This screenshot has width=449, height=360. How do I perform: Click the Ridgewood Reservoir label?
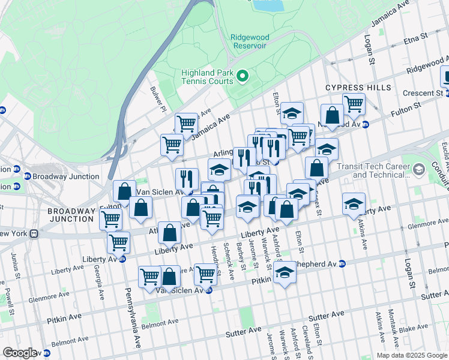coord(250,42)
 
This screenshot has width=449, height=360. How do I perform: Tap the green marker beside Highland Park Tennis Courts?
coord(243,76)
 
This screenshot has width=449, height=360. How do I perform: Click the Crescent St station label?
coord(423,93)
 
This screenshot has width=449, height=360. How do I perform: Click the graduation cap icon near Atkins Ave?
coord(354,203)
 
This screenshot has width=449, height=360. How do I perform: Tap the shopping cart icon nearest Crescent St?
coord(354,103)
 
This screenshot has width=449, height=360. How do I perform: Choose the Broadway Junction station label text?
coord(65,176)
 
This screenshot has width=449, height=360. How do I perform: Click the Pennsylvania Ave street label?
coord(134,318)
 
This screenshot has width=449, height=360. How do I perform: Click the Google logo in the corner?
coord(20,353)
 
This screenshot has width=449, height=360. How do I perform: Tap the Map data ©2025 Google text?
coord(411,355)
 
